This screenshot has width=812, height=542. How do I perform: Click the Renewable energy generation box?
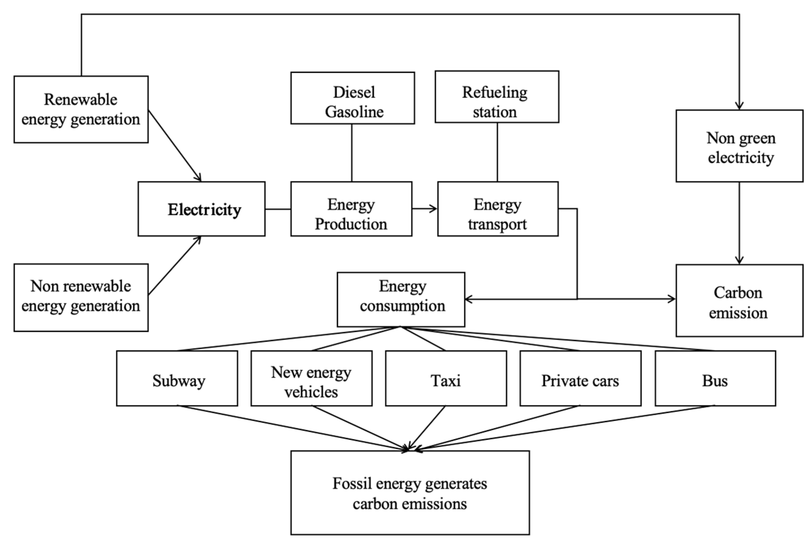tap(81, 109)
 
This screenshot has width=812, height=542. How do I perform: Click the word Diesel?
tap(354, 92)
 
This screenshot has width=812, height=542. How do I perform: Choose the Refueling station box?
tap(497, 97)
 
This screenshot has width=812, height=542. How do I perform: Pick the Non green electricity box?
tap(739, 146)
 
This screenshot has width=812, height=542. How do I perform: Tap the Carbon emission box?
tap(739, 301)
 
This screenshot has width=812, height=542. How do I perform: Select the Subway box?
tap(177, 378)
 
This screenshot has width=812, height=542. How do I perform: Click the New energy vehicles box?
tap(312, 378)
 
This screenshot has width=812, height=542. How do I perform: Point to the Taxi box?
tap(446, 378)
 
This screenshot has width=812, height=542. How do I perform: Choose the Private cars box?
tap(580, 378)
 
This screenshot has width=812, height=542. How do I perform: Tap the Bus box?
tap(715, 378)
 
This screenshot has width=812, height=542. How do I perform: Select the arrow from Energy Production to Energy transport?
tap(424, 209)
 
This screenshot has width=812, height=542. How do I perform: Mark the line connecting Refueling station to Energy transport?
tap(497, 152)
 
